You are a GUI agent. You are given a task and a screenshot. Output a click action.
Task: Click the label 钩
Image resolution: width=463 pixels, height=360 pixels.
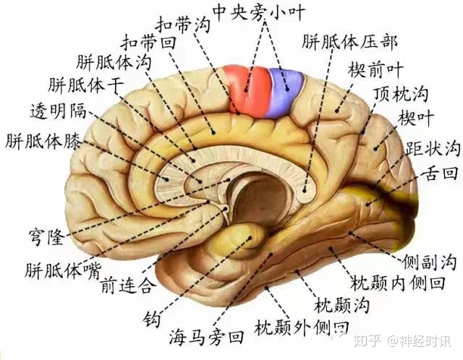click(152, 317)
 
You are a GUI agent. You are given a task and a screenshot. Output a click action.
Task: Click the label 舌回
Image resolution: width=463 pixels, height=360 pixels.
click(441, 173)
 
